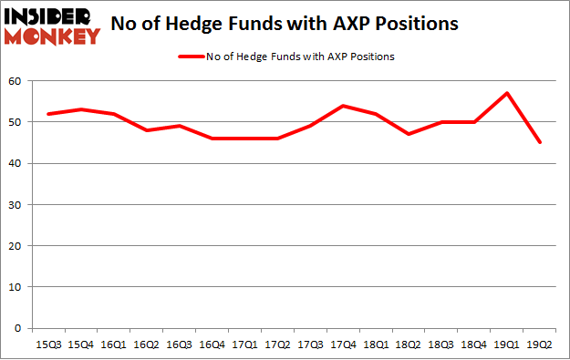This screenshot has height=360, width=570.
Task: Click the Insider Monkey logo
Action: point(51,26)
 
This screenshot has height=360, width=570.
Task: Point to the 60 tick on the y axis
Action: point(16,82)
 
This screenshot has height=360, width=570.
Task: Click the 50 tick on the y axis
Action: point(16,123)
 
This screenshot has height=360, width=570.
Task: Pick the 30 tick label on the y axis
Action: point(16,205)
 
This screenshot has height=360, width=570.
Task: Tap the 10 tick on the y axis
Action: point(16,287)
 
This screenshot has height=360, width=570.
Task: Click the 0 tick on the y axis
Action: point(18,328)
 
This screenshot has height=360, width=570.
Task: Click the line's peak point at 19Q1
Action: point(507,93)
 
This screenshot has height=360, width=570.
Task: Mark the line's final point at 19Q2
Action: point(540,142)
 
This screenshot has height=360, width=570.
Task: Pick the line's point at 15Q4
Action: point(80,109)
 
